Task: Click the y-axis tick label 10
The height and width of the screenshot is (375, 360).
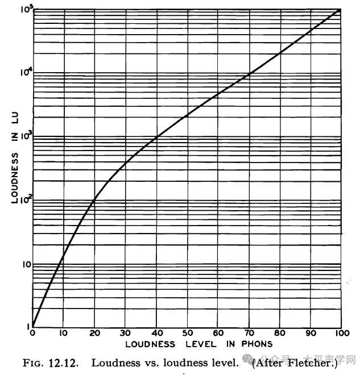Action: pyautogui.click(x=23, y=264)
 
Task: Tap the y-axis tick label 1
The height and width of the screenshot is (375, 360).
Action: pyautogui.click(x=26, y=327)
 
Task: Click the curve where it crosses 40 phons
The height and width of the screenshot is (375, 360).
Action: pyautogui.click(x=156, y=136)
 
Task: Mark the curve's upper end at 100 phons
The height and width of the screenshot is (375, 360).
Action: pyautogui.click(x=341, y=9)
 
